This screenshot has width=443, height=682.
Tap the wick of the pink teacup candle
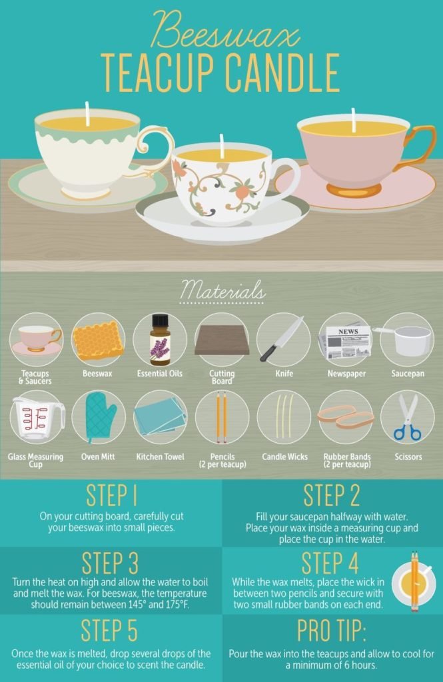[354, 120]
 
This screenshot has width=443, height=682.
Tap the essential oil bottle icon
[160, 340]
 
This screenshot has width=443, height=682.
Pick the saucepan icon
[405, 340]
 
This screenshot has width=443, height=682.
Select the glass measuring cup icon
[37, 418]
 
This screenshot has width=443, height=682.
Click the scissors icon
[408, 417]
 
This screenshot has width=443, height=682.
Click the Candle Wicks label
[284, 457]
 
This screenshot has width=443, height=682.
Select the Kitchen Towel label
[160, 457]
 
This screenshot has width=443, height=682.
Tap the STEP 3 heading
[110, 563]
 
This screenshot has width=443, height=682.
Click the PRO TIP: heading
[332, 630]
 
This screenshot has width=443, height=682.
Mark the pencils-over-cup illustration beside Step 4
[414, 582]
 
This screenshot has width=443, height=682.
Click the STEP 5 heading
[109, 629]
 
